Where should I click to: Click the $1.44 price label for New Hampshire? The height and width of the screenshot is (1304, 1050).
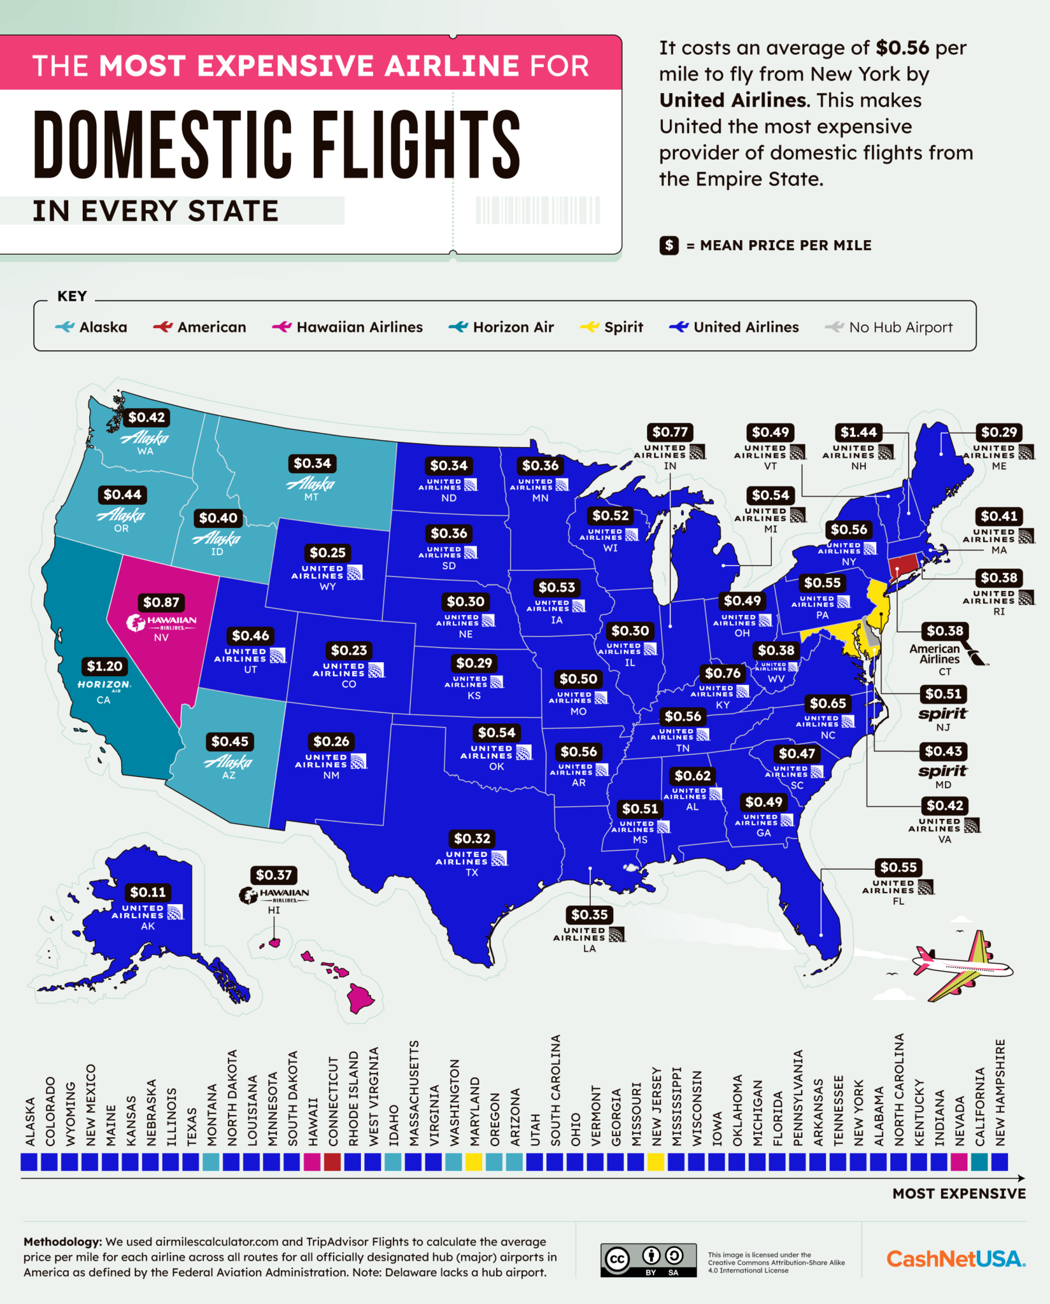(858, 432)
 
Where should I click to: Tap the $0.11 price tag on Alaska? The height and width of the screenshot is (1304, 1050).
(148, 892)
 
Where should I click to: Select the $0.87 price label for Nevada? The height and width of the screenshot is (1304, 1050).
(161, 602)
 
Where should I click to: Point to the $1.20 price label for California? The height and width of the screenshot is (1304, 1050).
(104, 667)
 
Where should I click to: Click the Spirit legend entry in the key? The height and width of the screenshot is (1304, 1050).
(612, 327)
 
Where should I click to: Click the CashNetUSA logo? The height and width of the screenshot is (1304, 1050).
(956, 1259)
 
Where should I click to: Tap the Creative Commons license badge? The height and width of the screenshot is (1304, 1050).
(648, 1260)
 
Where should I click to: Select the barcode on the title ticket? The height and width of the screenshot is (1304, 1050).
(537, 210)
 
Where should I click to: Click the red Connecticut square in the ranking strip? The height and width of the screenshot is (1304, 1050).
(332, 1162)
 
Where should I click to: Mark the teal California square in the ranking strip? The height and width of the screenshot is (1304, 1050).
(979, 1162)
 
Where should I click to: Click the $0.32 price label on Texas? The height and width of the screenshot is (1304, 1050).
(472, 839)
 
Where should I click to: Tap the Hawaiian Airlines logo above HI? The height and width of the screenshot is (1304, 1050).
(274, 895)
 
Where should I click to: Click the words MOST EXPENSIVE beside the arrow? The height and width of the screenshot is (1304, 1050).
(959, 1194)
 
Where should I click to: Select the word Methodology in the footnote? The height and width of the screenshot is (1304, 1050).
(62, 1242)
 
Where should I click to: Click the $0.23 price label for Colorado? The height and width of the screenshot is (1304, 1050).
(349, 650)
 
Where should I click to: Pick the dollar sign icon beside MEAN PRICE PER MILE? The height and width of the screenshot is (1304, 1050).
(669, 245)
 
